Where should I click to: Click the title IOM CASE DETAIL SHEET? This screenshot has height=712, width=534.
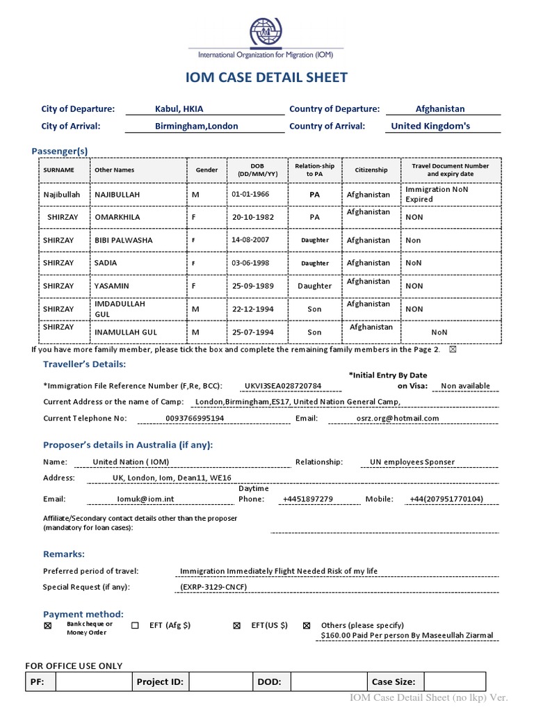(x=266, y=77)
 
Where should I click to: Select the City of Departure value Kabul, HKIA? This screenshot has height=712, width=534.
(x=179, y=109)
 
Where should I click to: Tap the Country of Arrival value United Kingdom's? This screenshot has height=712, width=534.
(x=430, y=127)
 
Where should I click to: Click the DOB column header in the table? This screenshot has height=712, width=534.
(x=253, y=170)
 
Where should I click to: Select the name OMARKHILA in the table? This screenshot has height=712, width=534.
(x=117, y=218)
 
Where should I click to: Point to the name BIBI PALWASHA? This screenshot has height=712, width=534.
(x=123, y=241)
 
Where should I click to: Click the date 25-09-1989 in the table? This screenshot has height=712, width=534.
(x=253, y=286)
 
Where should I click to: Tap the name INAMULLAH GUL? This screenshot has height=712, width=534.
(x=126, y=332)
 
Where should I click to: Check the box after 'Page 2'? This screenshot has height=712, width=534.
(x=453, y=350)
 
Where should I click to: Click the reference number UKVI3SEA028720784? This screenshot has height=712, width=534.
(x=283, y=386)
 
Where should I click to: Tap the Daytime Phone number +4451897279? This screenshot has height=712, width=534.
(x=307, y=499)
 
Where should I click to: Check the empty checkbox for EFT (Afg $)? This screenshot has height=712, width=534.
(x=135, y=626)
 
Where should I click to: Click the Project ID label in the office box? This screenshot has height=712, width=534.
(x=160, y=682)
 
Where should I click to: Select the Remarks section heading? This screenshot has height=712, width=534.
(x=64, y=554)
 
